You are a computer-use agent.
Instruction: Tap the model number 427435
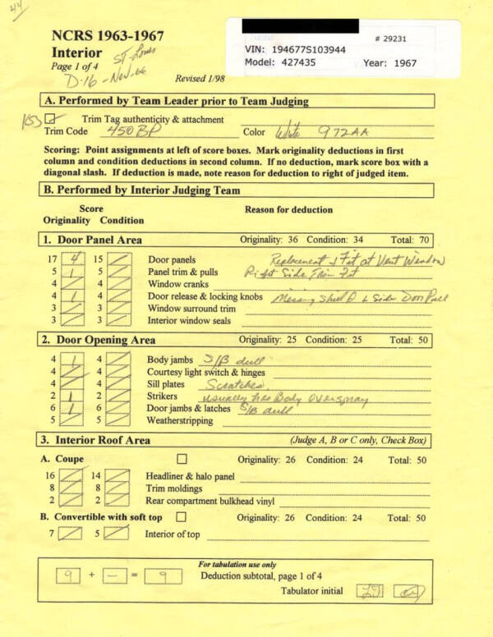(288, 62)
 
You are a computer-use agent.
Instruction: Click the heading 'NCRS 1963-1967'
(108, 36)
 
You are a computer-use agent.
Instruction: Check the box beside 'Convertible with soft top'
(180, 517)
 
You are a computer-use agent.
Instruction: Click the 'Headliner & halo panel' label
(190, 476)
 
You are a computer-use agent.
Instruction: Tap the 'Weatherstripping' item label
(180, 421)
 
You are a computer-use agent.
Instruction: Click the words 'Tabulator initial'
(312, 591)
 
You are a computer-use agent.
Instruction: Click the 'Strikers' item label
(164, 396)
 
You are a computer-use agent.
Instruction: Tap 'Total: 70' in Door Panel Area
(407, 240)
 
